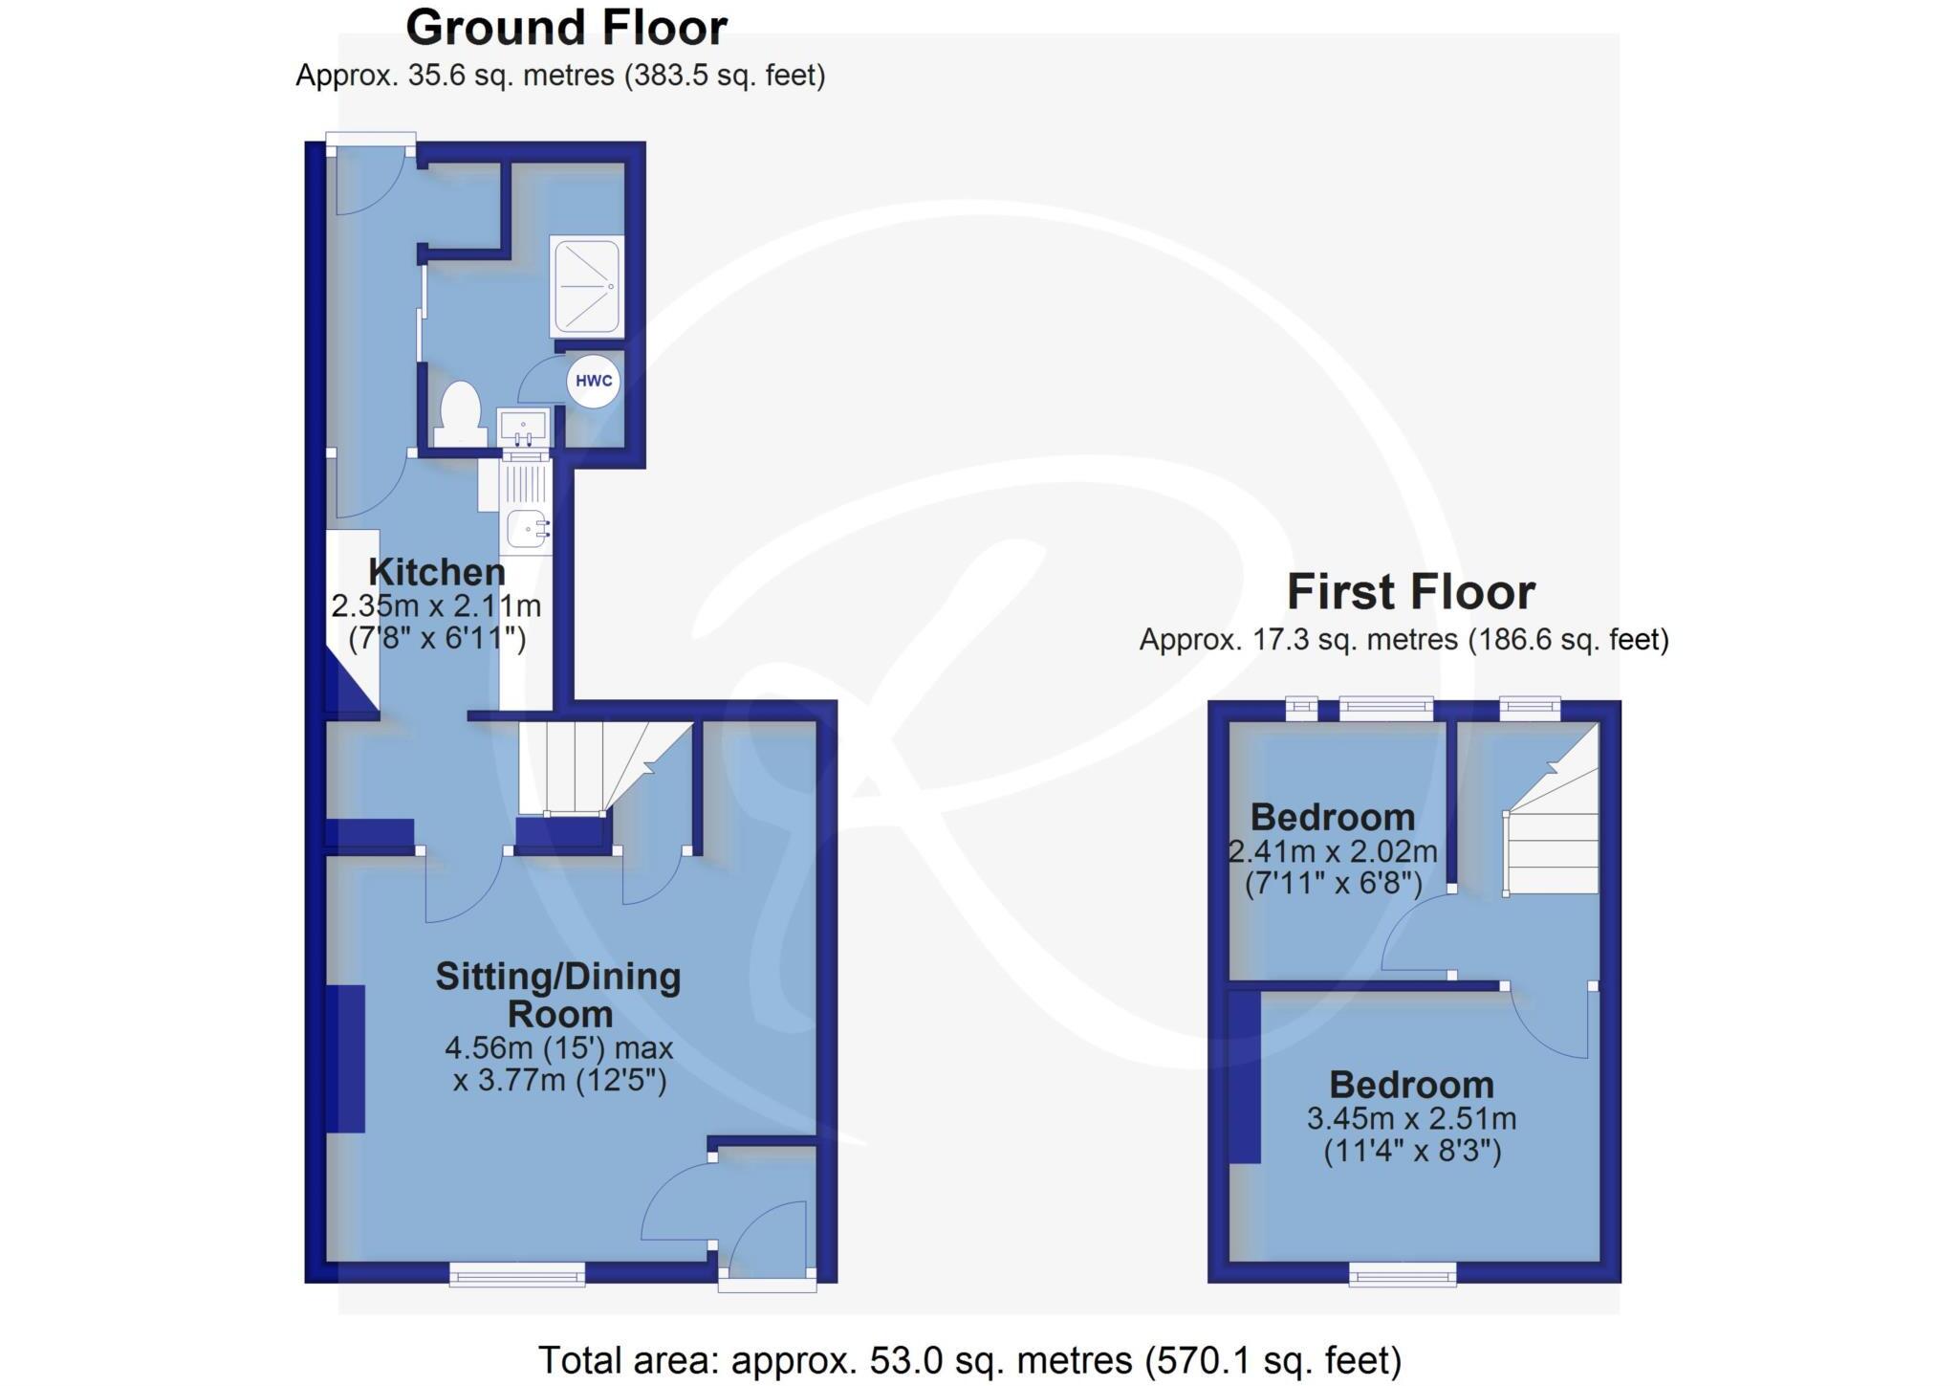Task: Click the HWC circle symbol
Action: [x=594, y=381]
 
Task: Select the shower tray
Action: [x=586, y=285]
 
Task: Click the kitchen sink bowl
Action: [x=527, y=526]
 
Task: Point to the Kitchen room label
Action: [x=437, y=572]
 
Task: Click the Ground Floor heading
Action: [x=566, y=28]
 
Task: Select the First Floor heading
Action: [x=1410, y=592]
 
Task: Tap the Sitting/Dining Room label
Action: [x=558, y=995]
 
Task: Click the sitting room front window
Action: [x=517, y=1272]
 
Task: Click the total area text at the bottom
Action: [x=969, y=1359]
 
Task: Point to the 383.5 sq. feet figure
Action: [x=725, y=76]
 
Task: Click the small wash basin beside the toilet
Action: [x=523, y=427]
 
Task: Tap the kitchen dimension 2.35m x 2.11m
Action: [x=436, y=606]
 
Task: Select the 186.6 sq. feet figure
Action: [x=1569, y=640]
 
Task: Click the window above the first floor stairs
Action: [x=1530, y=709]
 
